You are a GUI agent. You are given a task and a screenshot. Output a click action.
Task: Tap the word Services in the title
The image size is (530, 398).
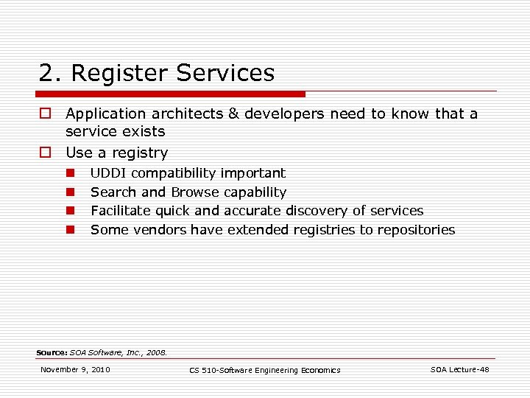[225, 73]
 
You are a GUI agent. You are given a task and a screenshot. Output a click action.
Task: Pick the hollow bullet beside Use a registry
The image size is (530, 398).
[46, 153]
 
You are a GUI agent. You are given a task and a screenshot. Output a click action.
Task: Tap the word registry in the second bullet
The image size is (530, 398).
[141, 153]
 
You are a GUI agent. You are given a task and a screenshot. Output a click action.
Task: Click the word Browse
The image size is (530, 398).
[195, 192]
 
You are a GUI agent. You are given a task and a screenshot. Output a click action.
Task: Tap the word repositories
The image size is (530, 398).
[417, 230]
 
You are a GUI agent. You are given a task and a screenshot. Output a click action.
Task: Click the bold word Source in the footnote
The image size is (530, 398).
[52, 352]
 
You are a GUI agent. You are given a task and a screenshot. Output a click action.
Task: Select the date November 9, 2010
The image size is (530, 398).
[75, 369]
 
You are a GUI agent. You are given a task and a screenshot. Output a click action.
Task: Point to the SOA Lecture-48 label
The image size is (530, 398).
[459, 369]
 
